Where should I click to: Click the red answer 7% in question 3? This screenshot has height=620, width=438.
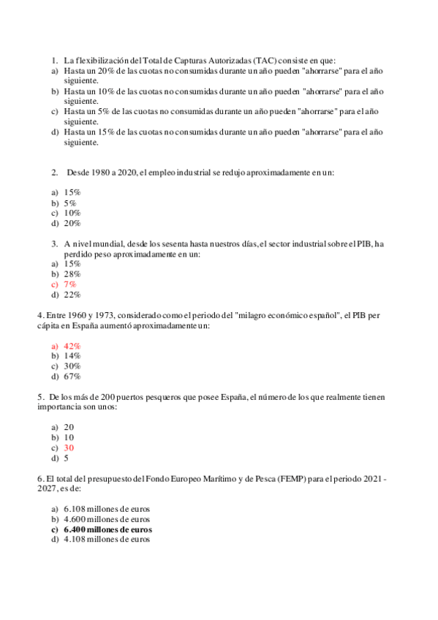tap(70, 284)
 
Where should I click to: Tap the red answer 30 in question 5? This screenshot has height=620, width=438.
tap(69, 447)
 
